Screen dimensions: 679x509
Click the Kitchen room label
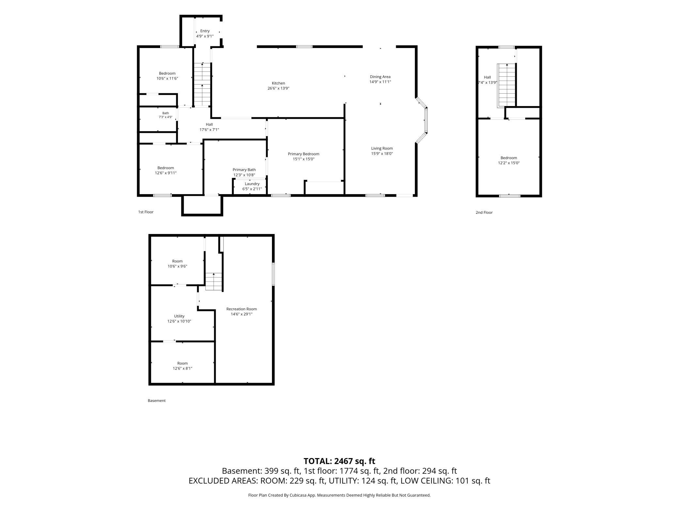click(x=278, y=83)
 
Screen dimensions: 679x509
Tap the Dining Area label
click(x=380, y=77)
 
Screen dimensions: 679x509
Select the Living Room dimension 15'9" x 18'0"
click(x=382, y=153)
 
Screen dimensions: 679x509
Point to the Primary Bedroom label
click(x=304, y=154)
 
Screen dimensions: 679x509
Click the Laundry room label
click(x=252, y=184)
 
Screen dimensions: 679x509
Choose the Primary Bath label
click(x=244, y=170)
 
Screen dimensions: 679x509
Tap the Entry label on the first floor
click(x=205, y=31)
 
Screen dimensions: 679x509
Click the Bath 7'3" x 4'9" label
click(x=166, y=115)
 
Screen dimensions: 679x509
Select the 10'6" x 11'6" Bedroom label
click(x=167, y=76)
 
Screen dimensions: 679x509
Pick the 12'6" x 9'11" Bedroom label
click(x=166, y=170)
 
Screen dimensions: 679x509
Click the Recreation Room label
click(x=242, y=309)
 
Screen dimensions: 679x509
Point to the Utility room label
click(x=179, y=316)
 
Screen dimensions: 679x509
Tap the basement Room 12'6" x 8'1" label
click(x=182, y=366)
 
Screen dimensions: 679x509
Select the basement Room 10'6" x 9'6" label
click(x=177, y=264)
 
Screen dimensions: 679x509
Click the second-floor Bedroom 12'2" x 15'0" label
click(x=509, y=160)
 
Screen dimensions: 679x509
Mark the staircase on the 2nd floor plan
click(x=506, y=85)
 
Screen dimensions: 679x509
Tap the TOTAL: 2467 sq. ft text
click(x=339, y=461)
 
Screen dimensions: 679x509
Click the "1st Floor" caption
click(x=146, y=212)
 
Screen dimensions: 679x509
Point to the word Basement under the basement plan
click(x=157, y=401)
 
